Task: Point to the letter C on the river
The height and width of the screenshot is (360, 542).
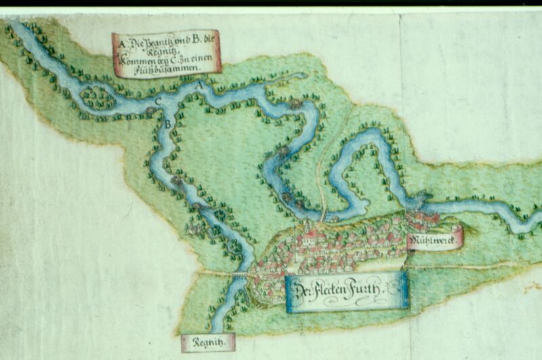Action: (158, 101)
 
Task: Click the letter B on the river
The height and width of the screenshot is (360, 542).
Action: (167, 123)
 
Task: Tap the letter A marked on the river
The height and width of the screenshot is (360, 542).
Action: (199, 87)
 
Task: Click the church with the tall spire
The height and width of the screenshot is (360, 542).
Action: (309, 234)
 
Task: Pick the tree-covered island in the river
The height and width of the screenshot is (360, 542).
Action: (100, 96)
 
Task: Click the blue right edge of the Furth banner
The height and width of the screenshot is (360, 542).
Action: (404, 290)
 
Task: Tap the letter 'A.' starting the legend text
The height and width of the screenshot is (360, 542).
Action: (123, 43)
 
